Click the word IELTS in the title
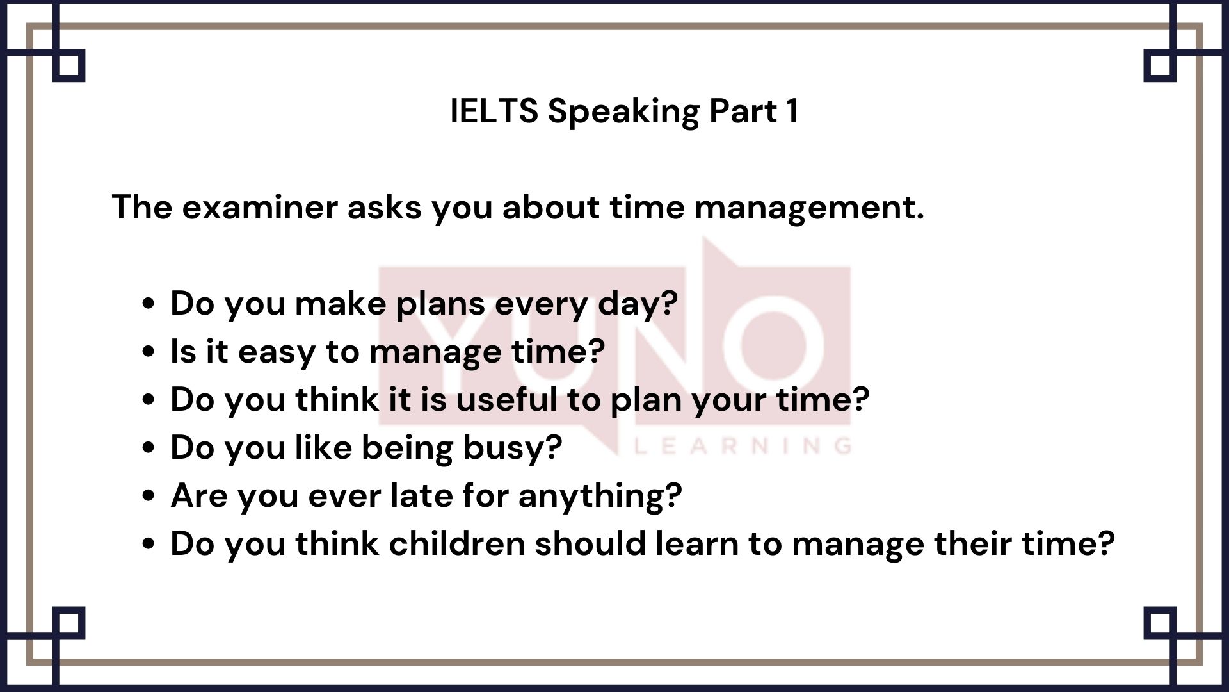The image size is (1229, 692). click(x=494, y=111)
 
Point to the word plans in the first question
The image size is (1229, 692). click(x=440, y=304)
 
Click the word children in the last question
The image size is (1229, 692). click(x=456, y=543)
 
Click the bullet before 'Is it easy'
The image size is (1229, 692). click(x=149, y=352)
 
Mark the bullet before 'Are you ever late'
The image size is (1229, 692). click(x=149, y=496)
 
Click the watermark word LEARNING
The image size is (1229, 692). click(x=743, y=445)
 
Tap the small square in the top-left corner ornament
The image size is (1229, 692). click(x=68, y=66)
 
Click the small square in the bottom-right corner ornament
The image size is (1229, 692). click(x=1160, y=623)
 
